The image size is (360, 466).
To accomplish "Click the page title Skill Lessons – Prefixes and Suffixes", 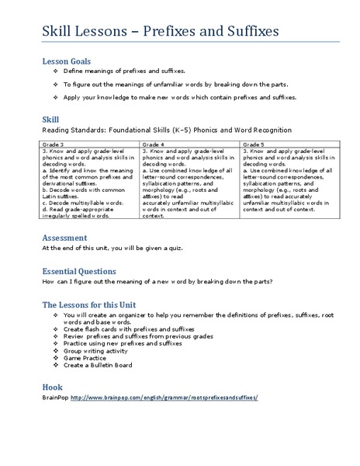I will [x=161, y=33].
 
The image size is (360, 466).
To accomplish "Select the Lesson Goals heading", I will [x=66, y=61].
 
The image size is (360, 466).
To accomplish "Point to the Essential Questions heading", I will [x=79, y=271].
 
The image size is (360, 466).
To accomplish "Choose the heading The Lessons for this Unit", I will [x=89, y=304].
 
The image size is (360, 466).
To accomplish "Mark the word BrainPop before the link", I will [x=55, y=397].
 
